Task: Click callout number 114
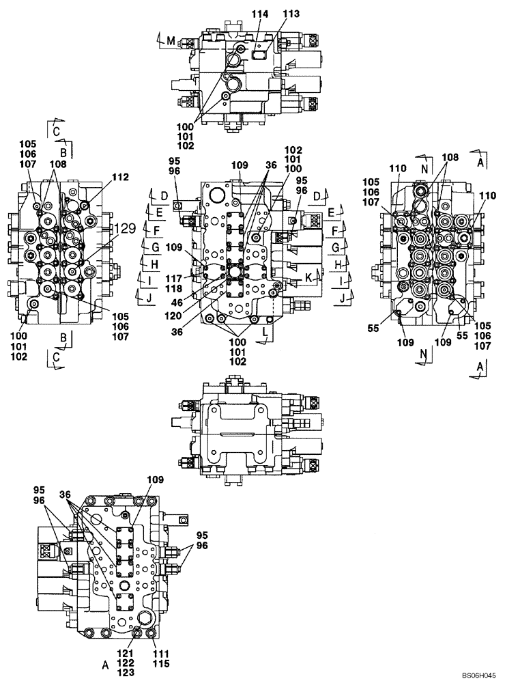tap(260, 13)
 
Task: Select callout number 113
tap(291, 13)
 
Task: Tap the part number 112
tap(120, 177)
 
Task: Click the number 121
tap(126, 654)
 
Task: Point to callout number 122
tap(126, 663)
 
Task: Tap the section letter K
tap(308, 279)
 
